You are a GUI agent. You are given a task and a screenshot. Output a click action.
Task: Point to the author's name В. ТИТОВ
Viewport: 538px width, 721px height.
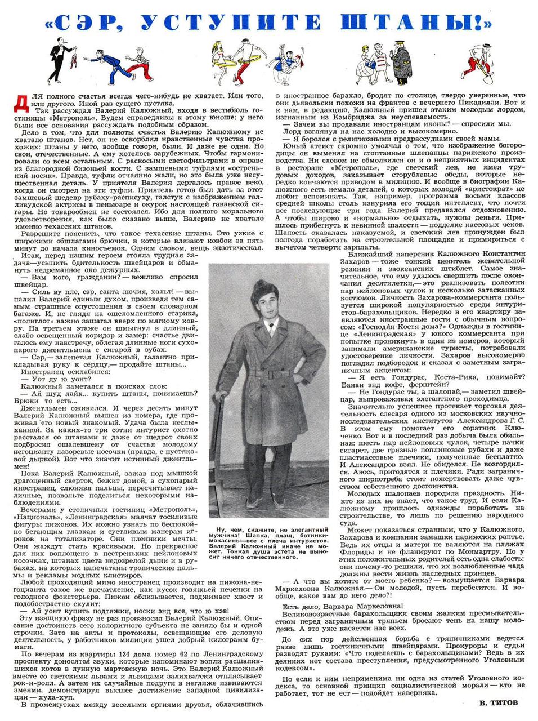tap(499, 702)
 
